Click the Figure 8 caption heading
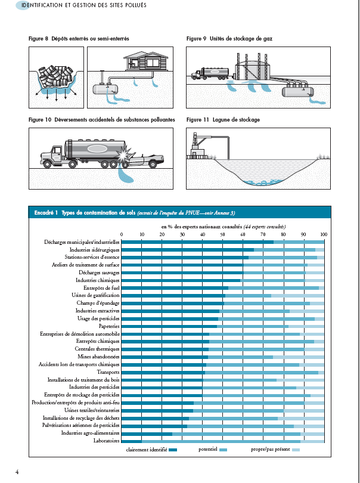pos(79,39)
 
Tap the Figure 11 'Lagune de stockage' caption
pos(223,120)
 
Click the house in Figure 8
pos(141,63)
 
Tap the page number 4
pos(17,472)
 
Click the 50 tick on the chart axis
pos(223,234)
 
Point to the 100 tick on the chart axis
pos(324,234)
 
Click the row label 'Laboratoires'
pos(104,441)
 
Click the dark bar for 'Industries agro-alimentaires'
pos(147,434)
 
